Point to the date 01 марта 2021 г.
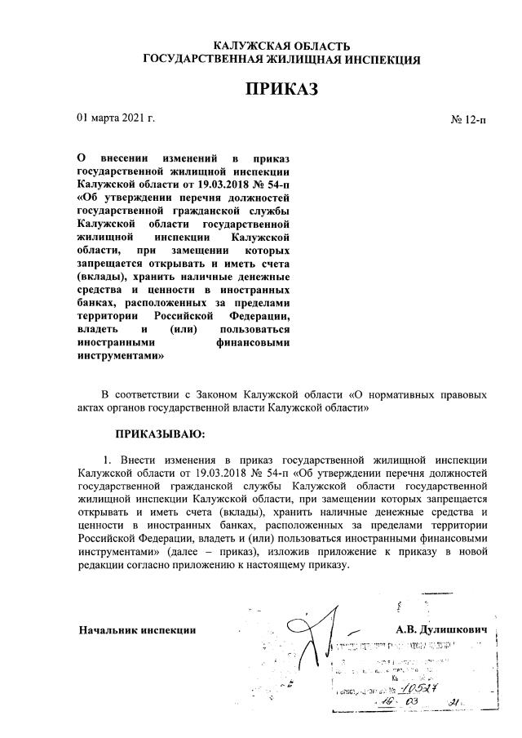coord(116,118)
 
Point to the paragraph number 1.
coord(106,458)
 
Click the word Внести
coord(137,458)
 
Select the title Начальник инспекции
coord(137,630)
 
